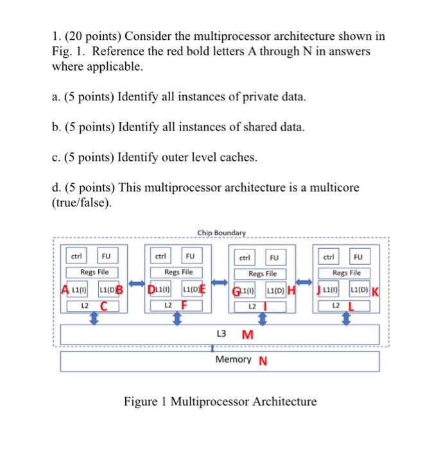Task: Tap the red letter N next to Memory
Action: [x=263, y=361]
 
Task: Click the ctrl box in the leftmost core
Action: [x=76, y=256]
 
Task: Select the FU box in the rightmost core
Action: [x=358, y=257]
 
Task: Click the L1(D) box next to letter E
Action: [x=189, y=288]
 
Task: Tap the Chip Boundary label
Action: [x=221, y=232]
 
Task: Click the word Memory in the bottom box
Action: [x=234, y=359]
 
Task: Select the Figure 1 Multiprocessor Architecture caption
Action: [x=220, y=402]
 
